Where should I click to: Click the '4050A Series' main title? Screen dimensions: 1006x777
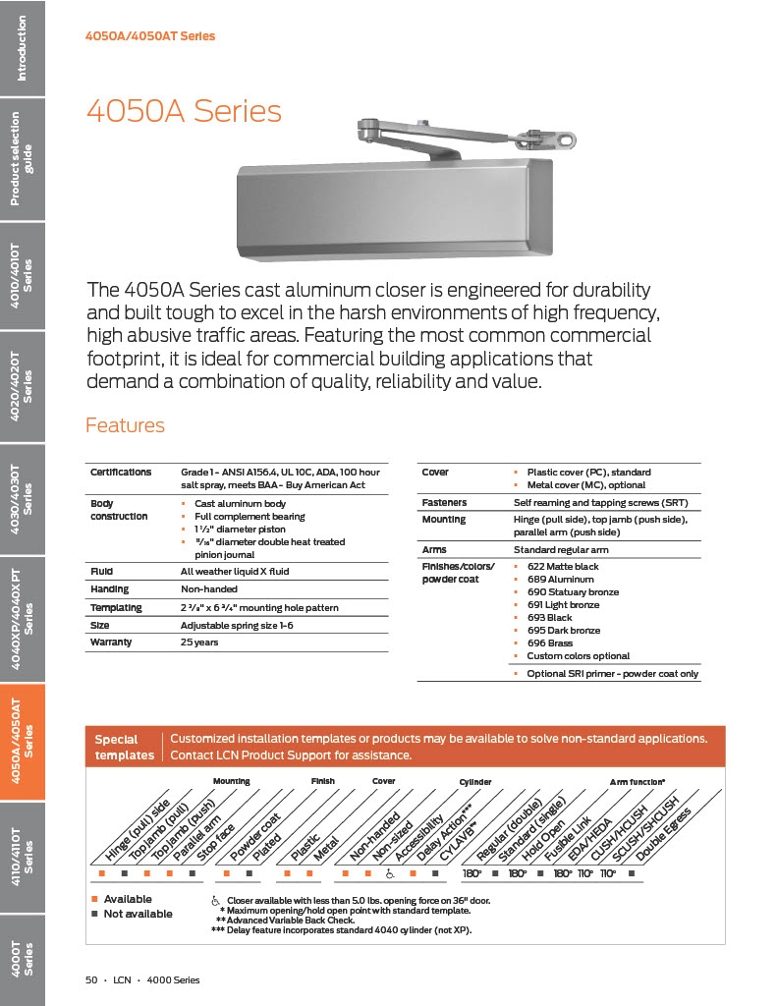click(x=184, y=111)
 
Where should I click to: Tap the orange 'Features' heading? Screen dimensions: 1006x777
click(x=125, y=425)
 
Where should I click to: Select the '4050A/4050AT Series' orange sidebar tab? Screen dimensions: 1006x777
click(x=22, y=742)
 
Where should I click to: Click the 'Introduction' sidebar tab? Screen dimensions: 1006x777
click(x=22, y=47)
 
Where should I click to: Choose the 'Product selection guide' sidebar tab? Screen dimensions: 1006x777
click(x=22, y=159)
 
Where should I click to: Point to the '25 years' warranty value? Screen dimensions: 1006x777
click(x=199, y=643)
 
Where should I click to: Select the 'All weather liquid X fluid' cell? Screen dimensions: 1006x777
click(x=235, y=571)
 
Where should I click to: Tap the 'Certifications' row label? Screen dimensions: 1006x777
click(x=121, y=473)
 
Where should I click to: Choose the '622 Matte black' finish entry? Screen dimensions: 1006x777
click(x=562, y=567)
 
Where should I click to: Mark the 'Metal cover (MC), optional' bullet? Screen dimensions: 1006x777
click(x=585, y=485)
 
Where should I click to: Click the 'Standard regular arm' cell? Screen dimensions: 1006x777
click(x=561, y=550)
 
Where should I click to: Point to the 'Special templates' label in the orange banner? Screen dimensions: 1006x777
click(x=124, y=748)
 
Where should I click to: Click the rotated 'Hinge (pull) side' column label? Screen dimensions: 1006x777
click(x=136, y=833)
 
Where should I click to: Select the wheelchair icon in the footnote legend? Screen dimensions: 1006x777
click(x=215, y=901)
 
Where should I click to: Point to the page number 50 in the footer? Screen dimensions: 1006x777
click(x=91, y=979)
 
